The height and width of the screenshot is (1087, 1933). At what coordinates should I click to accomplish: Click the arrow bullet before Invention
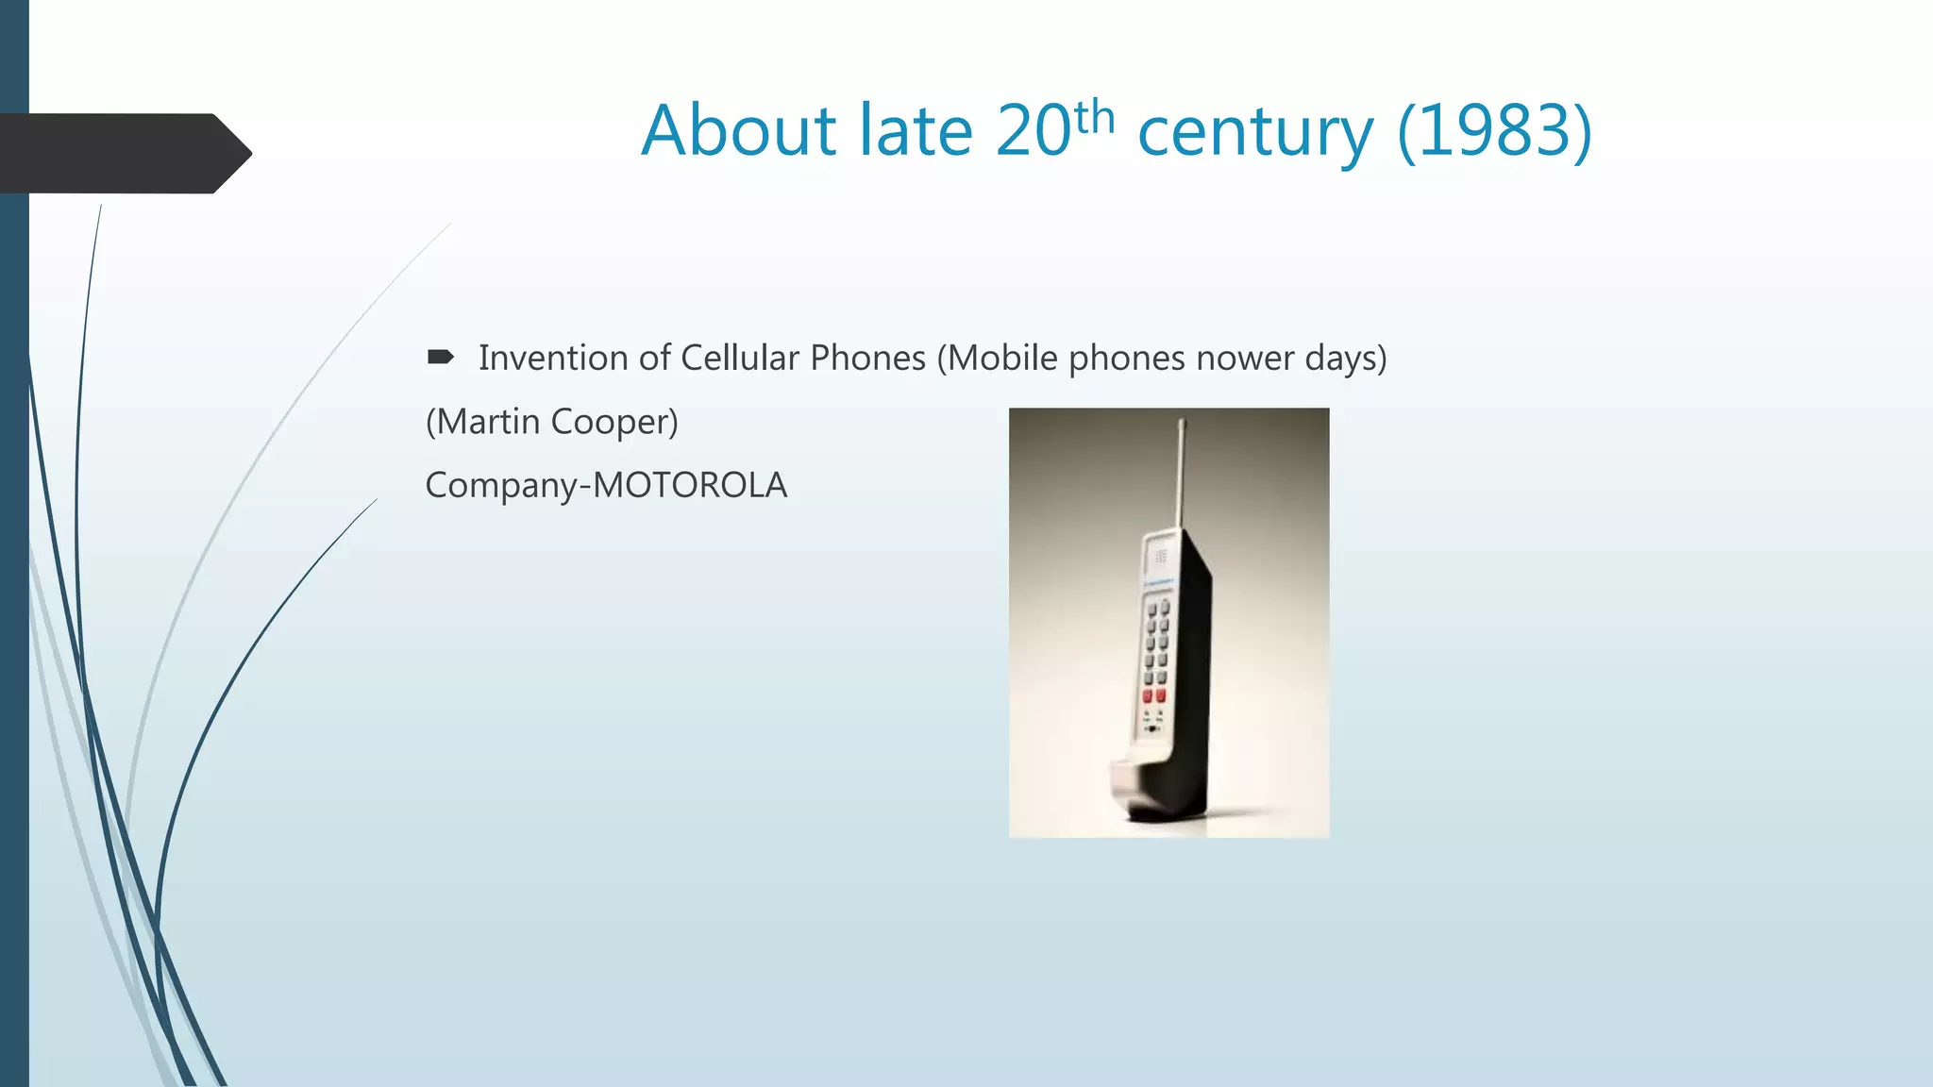pos(440,357)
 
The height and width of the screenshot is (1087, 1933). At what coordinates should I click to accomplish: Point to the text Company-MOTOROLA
pos(606,485)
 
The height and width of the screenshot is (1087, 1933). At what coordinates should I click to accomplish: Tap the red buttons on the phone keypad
pos(1153,696)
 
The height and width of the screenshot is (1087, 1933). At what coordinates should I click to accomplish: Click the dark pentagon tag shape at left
pos(123,154)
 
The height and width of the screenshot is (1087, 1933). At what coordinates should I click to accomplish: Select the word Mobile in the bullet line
pos(1002,359)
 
